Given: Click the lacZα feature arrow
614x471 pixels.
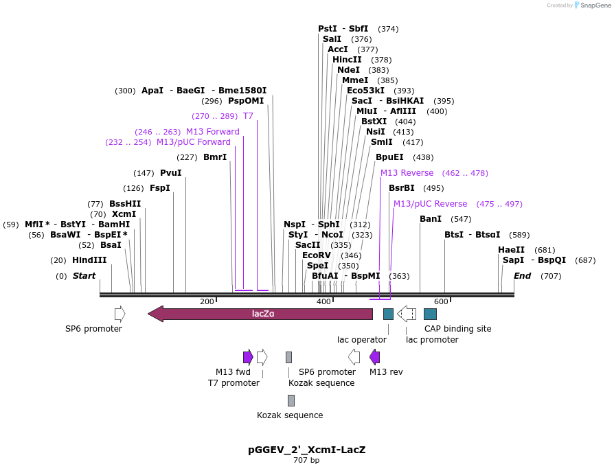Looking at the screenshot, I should click(260, 314).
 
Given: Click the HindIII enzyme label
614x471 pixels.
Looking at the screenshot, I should click(89, 260).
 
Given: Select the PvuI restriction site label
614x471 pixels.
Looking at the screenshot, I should click(170, 173).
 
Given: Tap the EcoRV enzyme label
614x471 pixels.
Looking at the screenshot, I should click(317, 255).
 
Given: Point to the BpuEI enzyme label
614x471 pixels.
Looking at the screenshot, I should click(389, 157).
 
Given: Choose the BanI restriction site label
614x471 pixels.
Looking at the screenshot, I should click(431, 219).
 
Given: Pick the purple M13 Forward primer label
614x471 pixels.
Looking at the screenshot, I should click(212, 132).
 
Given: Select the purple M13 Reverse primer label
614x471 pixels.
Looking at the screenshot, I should click(407, 173).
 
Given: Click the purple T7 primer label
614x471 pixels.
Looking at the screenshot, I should click(248, 116).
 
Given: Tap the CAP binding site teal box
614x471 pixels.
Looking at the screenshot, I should click(430, 314).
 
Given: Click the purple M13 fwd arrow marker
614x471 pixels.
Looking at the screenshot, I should click(248, 356).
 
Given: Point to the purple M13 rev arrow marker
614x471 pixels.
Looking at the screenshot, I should click(374, 356).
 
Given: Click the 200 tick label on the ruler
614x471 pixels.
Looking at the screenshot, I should click(207, 302).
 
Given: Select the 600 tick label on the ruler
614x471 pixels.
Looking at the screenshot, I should click(440, 302).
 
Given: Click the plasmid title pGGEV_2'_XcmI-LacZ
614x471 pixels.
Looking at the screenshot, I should click(306, 450).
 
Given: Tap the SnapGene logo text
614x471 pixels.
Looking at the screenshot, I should click(594, 5).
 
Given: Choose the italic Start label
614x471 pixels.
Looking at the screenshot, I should click(84, 276).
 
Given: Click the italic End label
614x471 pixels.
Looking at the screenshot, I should click(522, 276).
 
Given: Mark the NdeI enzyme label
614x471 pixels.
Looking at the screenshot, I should click(348, 70).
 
